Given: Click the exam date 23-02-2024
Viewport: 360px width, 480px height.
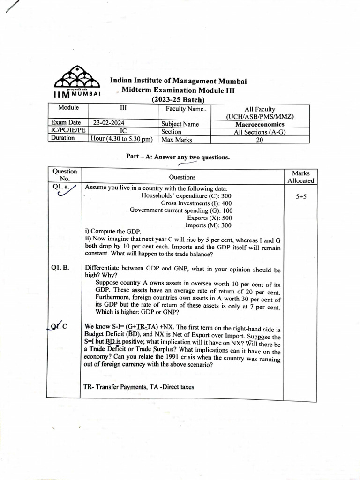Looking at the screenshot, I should click(109, 123).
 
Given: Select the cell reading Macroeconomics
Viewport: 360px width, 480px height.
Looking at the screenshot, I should click(260, 124).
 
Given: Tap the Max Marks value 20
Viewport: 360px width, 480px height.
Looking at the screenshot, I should click(260, 139).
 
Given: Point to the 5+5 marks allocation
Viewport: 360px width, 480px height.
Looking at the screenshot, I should click(301, 197).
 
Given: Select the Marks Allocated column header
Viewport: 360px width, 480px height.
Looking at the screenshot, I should click(301, 177).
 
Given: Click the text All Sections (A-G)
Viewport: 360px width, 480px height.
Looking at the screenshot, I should click(260, 132).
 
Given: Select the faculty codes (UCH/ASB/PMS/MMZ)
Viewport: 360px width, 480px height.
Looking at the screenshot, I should click(260, 117).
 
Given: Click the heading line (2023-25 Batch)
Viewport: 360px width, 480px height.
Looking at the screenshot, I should click(178, 99).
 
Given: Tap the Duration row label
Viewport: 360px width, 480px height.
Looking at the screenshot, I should click(63, 138).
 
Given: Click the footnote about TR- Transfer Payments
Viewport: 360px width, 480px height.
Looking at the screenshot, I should click(139, 387).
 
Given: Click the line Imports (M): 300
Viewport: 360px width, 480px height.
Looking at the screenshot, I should click(209, 225).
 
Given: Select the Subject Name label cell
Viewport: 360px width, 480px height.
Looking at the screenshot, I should click(180, 124).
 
